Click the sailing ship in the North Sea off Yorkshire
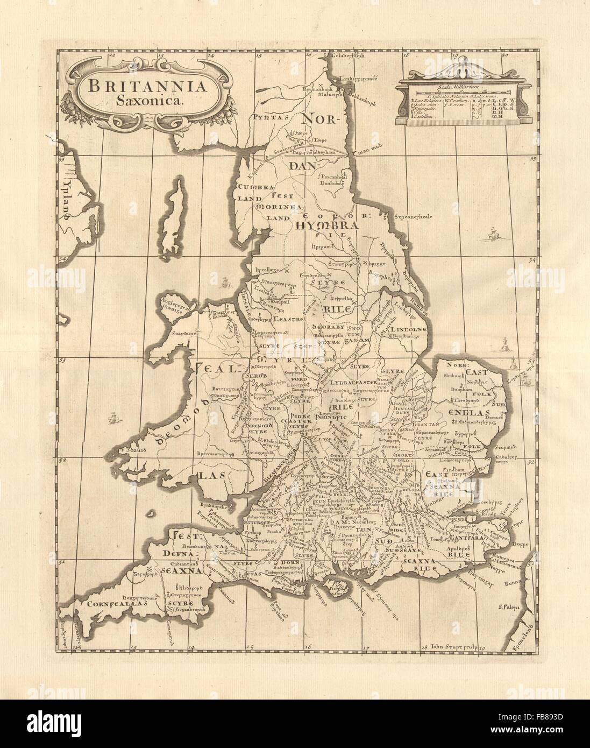(x=491, y=235)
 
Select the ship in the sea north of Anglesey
(x=226, y=280)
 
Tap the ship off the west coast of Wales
(x=112, y=417)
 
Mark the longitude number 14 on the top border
(x=210, y=54)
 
